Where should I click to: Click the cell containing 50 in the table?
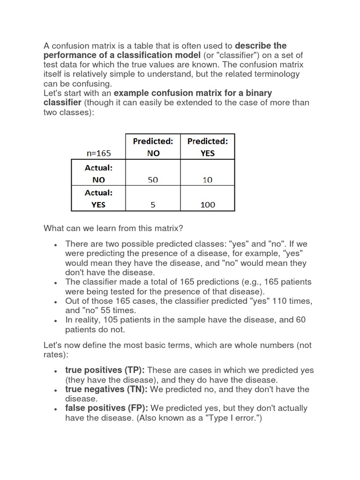click(x=153, y=180)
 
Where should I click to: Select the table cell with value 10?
click(x=207, y=180)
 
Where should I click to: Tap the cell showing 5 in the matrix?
click(x=153, y=205)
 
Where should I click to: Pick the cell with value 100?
click(x=207, y=205)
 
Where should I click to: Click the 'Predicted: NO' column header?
click(x=153, y=147)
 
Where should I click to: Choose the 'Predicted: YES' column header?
click(x=207, y=147)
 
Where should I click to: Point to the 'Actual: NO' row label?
click(x=99, y=173)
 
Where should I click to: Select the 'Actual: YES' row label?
click(x=99, y=199)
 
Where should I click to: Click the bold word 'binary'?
click(x=256, y=93)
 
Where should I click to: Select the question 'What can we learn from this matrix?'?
click(x=113, y=228)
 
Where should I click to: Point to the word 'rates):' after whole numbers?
click(x=56, y=355)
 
